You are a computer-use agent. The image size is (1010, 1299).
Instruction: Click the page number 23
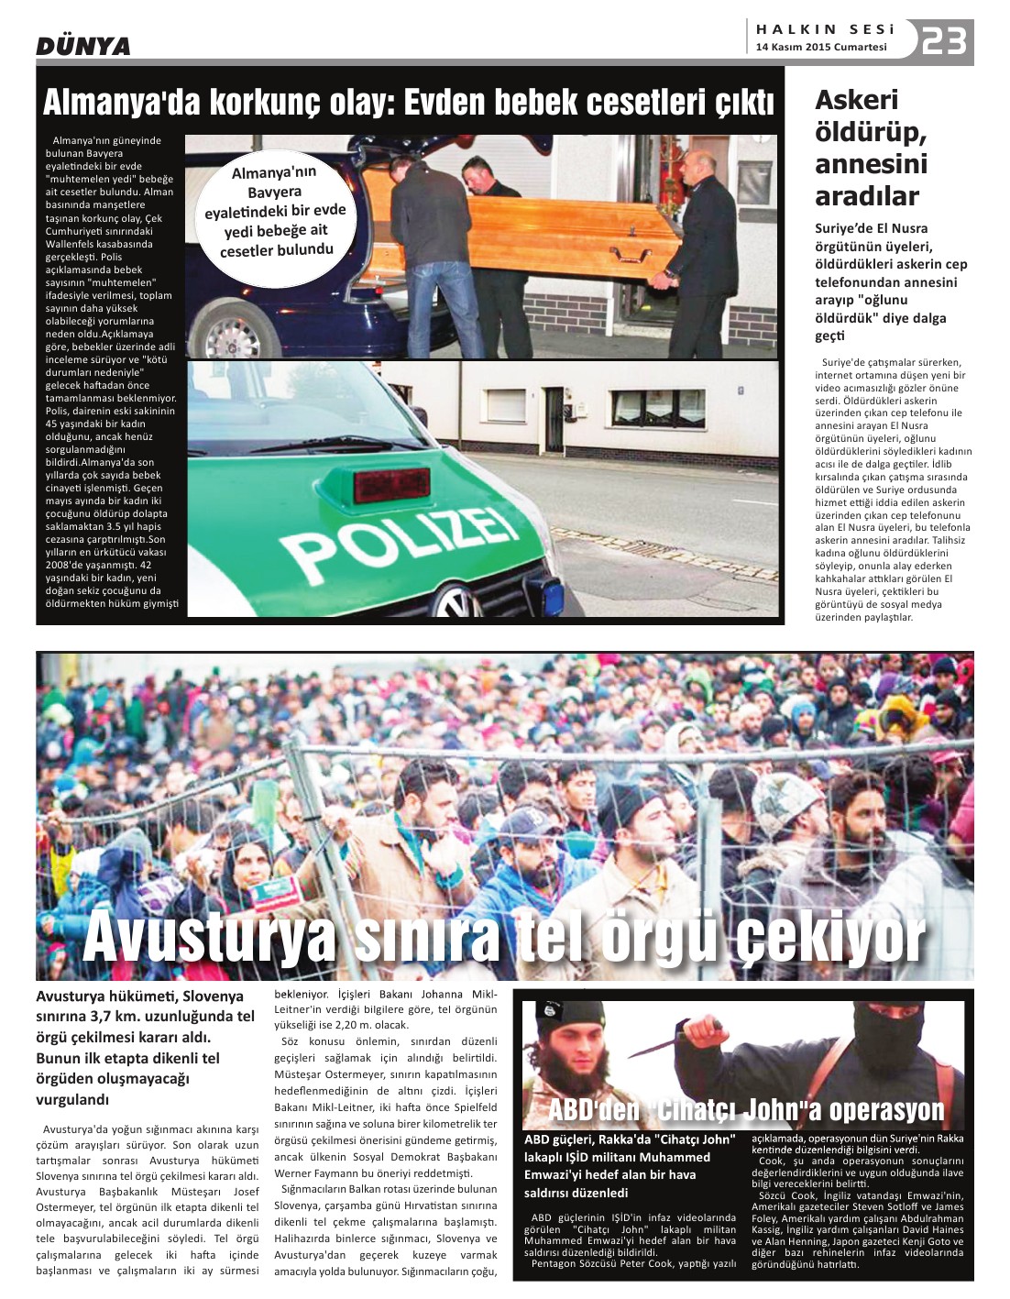coord(944,42)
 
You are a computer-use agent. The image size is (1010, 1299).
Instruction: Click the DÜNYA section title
coord(83,46)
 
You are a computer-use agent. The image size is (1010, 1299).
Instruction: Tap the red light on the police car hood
coord(391,485)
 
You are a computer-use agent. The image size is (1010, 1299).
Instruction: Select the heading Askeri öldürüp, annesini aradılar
coord(871,147)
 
